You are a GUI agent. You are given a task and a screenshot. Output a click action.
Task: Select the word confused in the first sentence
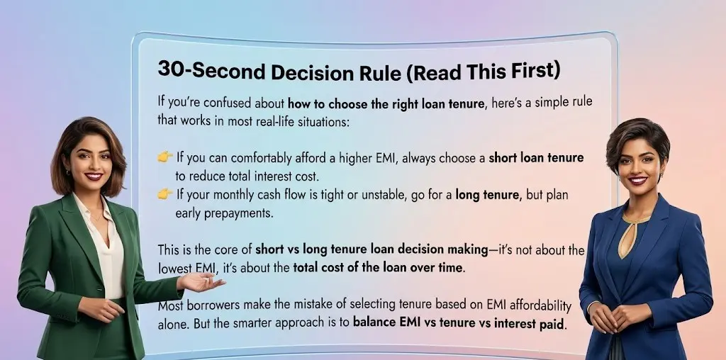[226, 103]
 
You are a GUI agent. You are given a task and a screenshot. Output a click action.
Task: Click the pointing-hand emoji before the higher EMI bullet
[164, 157]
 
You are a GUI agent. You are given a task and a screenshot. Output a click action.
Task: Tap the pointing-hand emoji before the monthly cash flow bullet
[164, 193]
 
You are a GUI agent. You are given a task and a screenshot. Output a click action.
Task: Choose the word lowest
[175, 268]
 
